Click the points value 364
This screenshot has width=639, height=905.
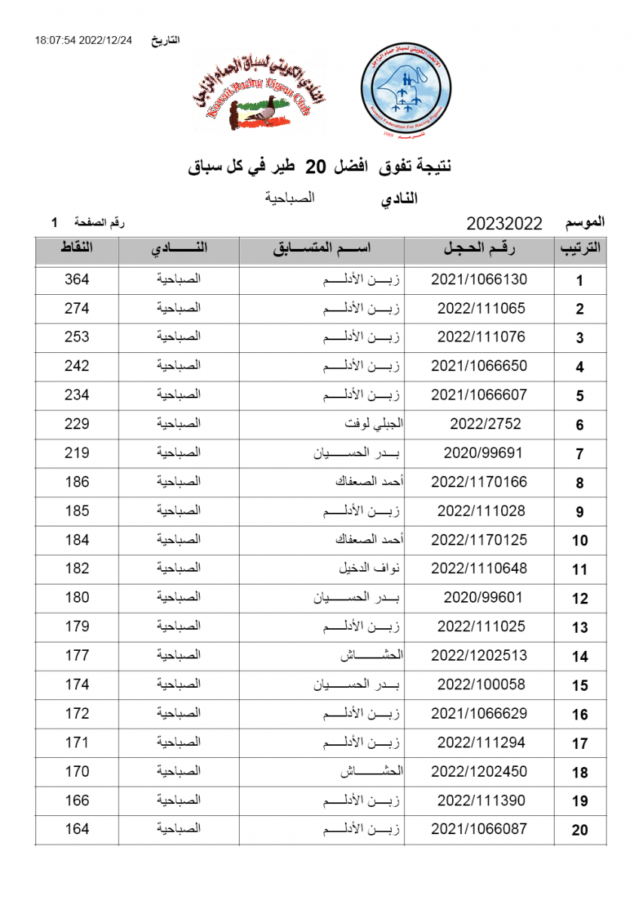tap(77, 279)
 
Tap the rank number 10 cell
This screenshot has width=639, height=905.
tap(579, 541)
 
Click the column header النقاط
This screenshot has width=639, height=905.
tap(76, 248)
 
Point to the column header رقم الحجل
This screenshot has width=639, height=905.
tap(479, 249)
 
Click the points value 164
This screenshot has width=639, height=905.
tap(77, 829)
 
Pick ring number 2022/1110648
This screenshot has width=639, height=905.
tap(479, 569)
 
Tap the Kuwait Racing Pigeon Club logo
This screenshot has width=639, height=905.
tap(252, 92)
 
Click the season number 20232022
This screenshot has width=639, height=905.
tap(504, 223)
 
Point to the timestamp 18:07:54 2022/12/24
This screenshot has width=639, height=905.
tap(83, 40)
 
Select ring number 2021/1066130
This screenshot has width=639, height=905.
tap(479, 279)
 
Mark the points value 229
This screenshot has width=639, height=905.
tap(77, 424)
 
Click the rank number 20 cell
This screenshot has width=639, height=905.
tap(579, 830)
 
